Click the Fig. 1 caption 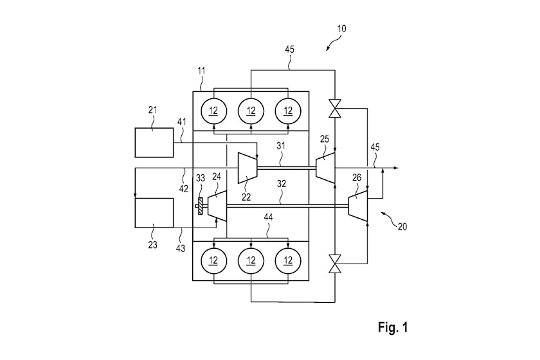point(393,327)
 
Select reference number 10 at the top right point(341,28)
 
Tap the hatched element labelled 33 point(200,206)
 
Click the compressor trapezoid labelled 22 point(248,168)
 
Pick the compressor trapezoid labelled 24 point(217,206)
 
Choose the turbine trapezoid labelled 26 point(358,206)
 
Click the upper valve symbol point(335,109)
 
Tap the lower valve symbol point(335,264)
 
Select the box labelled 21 point(154,143)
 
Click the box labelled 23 point(154,213)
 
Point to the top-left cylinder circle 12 point(213,111)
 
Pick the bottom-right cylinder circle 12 point(288,260)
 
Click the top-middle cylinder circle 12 point(251,111)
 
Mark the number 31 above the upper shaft point(281,146)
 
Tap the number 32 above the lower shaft point(282,184)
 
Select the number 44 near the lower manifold point(268,217)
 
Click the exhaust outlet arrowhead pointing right point(396,168)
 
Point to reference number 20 point(402,226)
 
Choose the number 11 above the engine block point(201,71)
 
